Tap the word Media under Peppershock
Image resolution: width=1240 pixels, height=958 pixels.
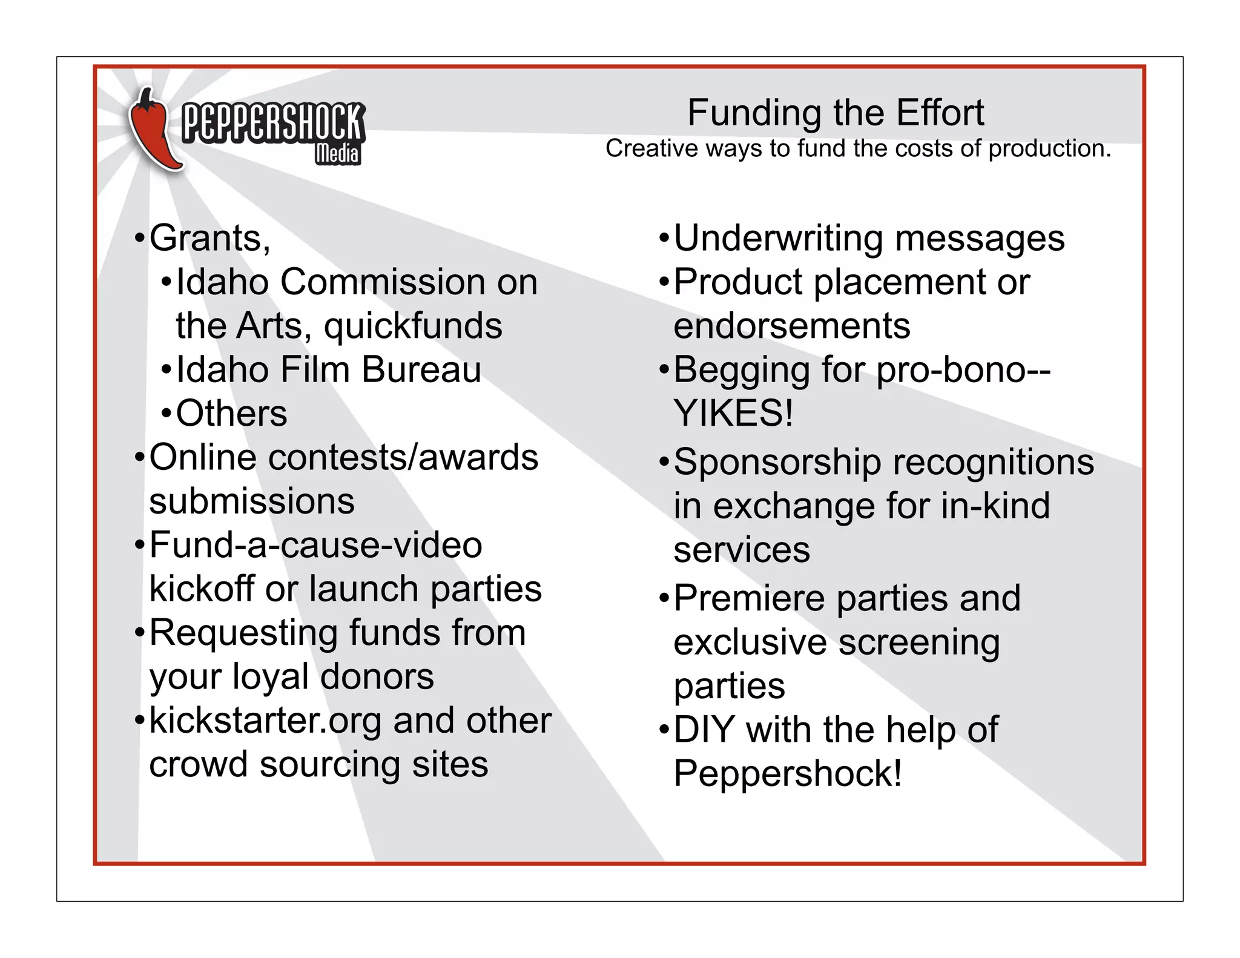click(337, 153)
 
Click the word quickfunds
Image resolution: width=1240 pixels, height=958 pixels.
click(413, 326)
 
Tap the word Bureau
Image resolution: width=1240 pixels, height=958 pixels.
click(421, 370)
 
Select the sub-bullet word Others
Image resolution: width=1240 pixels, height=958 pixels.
click(231, 414)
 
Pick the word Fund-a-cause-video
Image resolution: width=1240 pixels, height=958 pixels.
click(315, 545)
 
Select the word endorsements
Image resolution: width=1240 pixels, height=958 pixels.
click(791, 326)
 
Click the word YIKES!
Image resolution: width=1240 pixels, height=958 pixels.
click(733, 414)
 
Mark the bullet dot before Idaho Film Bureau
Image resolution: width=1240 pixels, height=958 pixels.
click(167, 371)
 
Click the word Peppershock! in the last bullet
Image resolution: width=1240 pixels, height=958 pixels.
click(788, 773)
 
